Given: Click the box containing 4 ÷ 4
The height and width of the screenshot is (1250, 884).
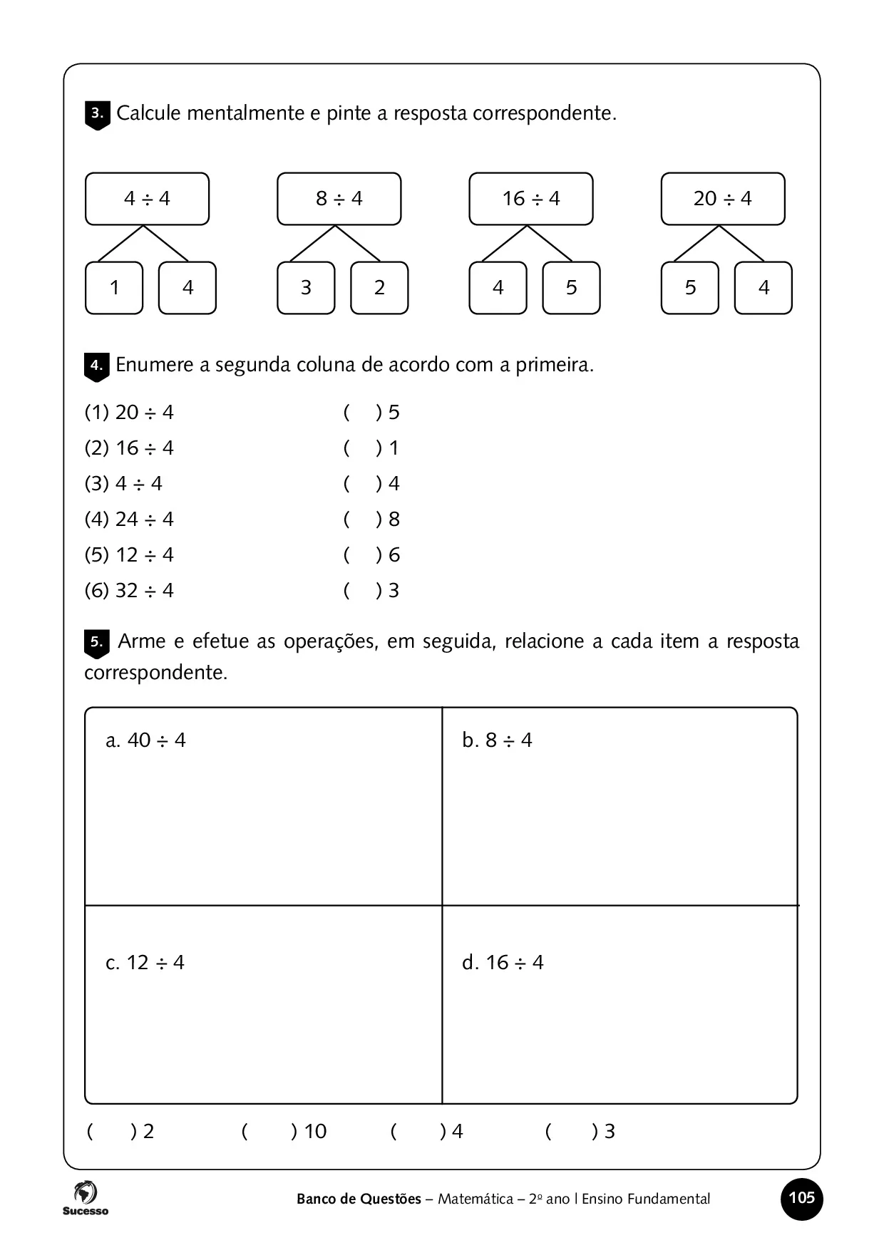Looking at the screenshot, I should (x=147, y=199).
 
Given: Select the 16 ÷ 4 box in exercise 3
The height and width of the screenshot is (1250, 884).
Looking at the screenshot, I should (x=530, y=199).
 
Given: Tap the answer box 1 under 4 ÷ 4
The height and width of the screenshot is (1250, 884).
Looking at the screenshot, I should (x=114, y=288).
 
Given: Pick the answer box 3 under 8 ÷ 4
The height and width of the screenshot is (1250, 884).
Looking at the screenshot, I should (x=306, y=288).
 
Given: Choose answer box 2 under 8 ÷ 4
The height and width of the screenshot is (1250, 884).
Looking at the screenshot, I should (x=379, y=288).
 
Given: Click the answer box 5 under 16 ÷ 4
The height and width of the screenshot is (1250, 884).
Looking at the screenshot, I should (x=571, y=288).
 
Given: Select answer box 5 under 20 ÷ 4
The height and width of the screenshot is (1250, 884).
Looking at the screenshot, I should (x=689, y=288).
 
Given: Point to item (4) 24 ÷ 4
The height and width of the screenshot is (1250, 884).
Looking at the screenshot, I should (x=129, y=520).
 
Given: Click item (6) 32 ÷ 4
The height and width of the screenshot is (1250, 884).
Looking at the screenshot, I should (x=129, y=591).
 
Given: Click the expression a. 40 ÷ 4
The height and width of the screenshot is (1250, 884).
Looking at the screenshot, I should (x=145, y=740).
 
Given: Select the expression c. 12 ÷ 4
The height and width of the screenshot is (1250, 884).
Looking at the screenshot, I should (x=145, y=963).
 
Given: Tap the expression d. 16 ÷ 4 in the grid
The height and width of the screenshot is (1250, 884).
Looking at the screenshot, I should (x=503, y=963).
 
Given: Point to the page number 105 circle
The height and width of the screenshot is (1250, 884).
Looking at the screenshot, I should (x=802, y=1199).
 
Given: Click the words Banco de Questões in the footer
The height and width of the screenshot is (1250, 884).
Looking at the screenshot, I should (x=359, y=1199).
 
